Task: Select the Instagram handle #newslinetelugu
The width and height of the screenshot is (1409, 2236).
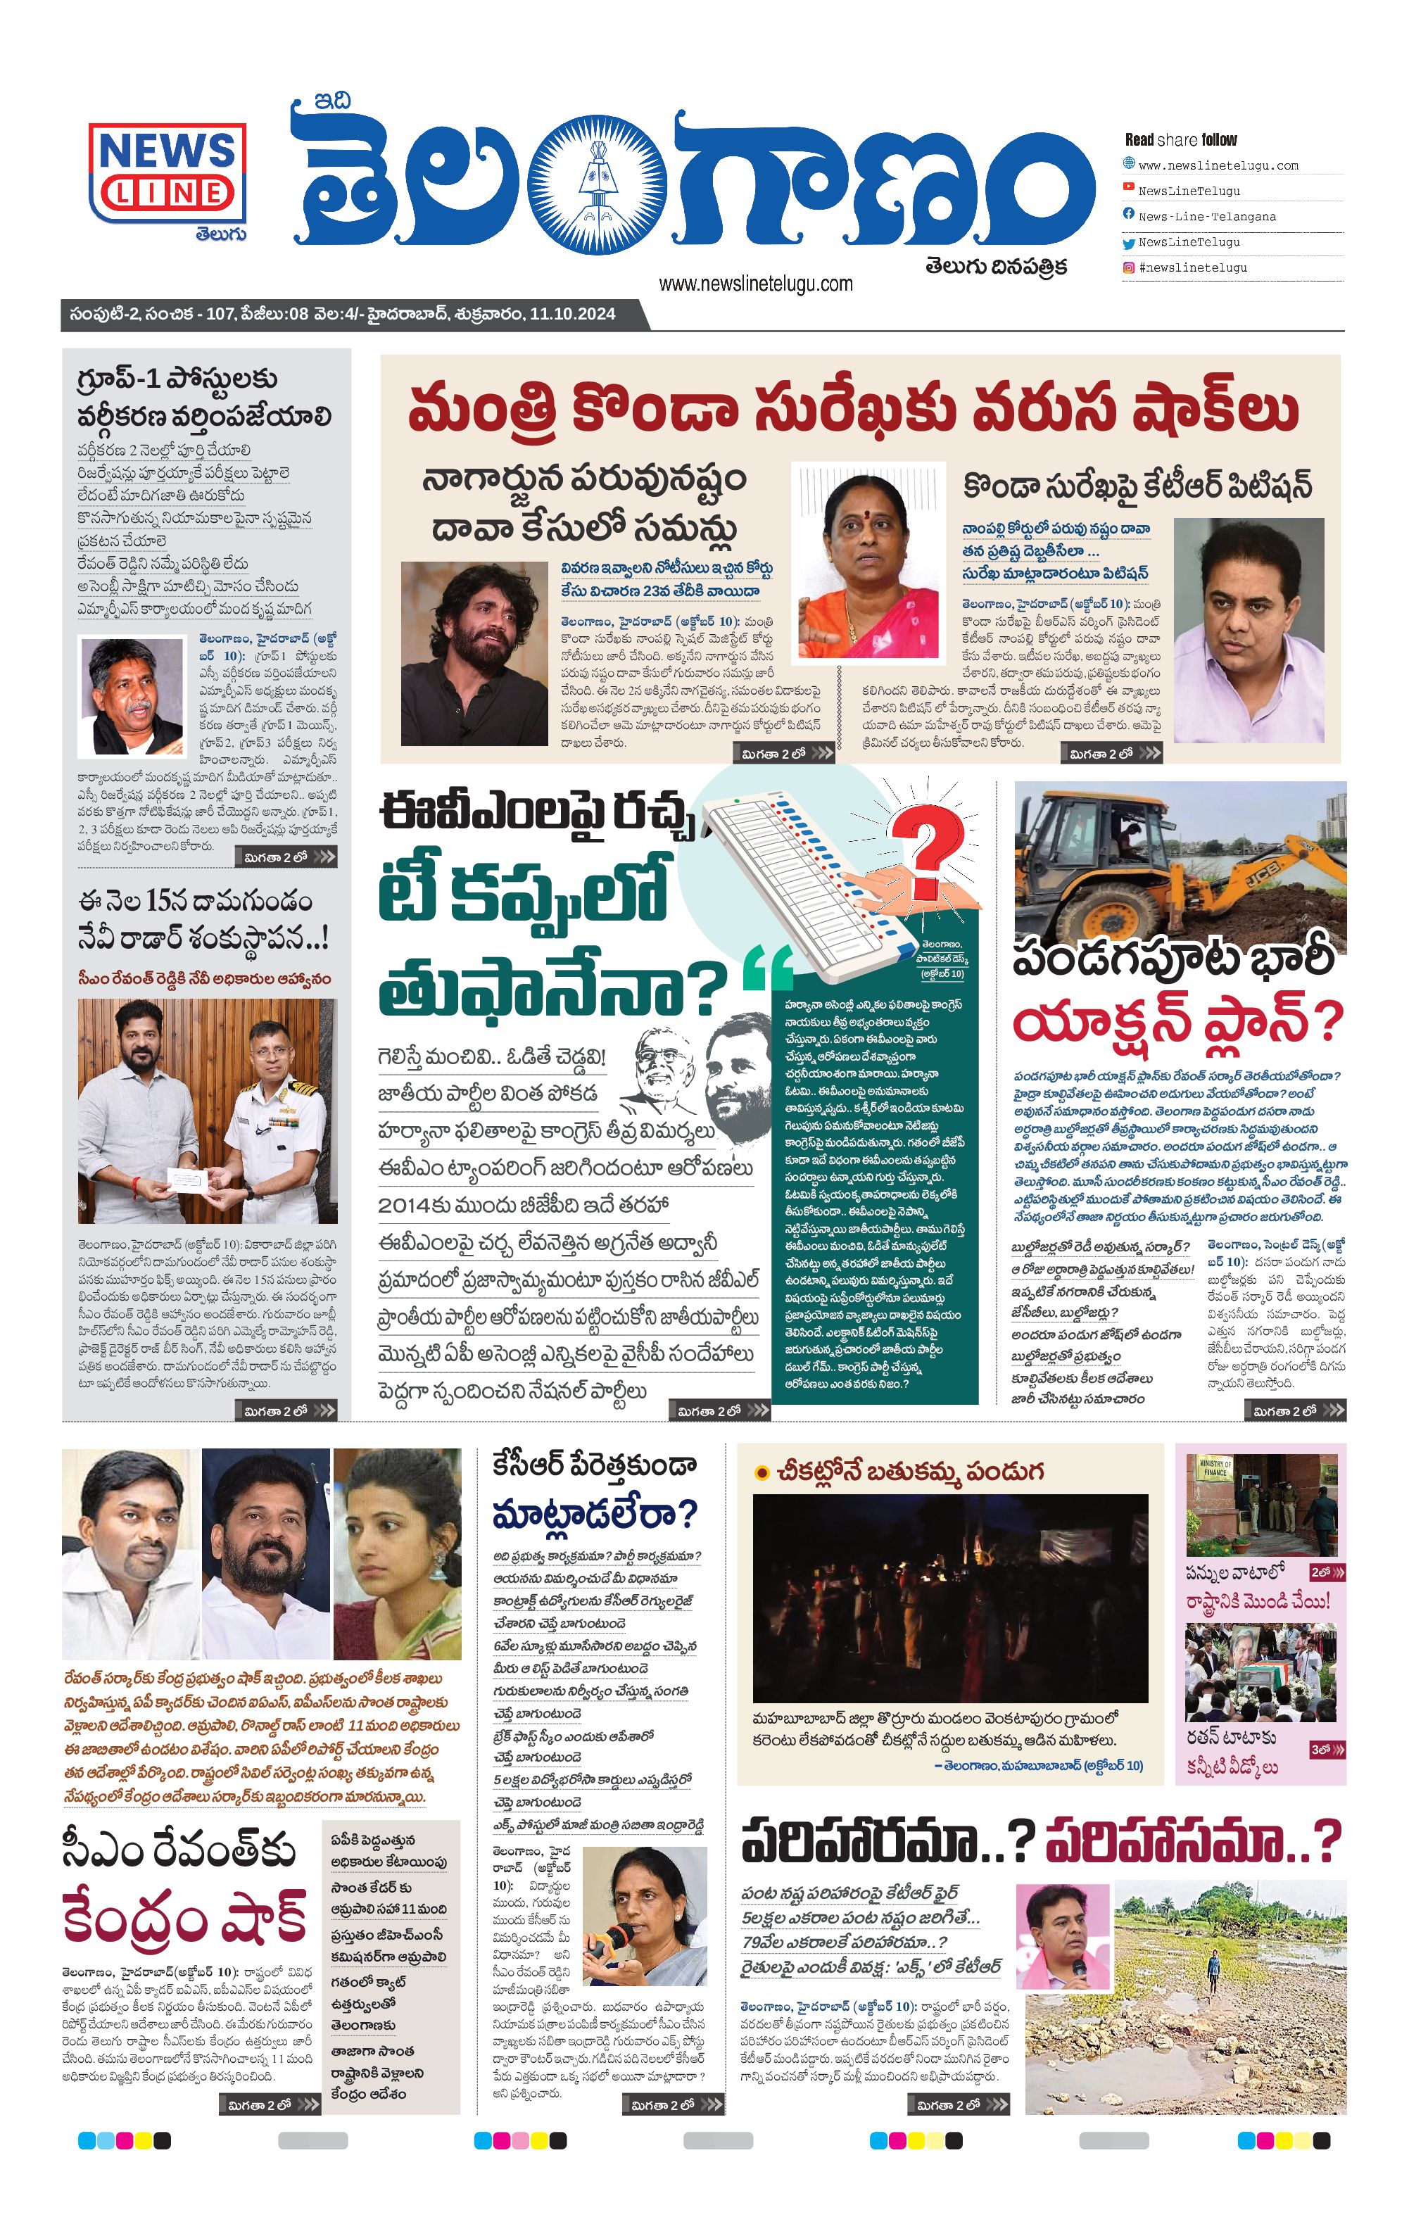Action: point(1192,267)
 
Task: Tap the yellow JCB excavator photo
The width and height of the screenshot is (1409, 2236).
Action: point(1180,859)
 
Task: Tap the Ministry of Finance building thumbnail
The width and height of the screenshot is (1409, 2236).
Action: point(1260,1504)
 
